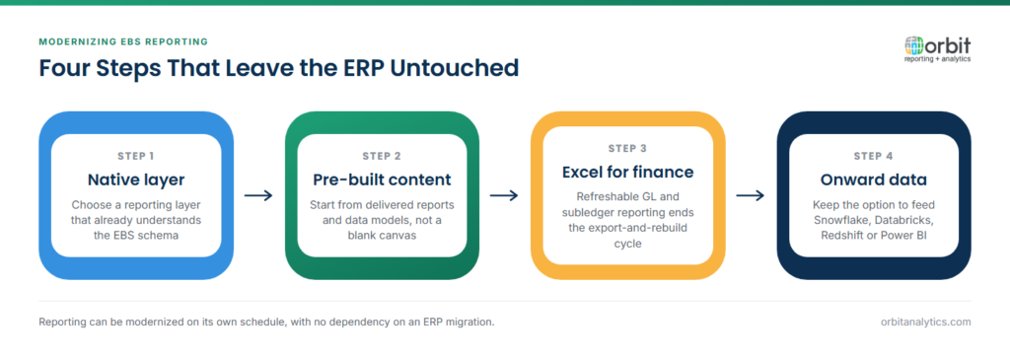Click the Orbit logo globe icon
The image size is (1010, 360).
tap(914, 45)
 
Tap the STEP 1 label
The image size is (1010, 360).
tap(136, 156)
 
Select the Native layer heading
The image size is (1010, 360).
tap(136, 180)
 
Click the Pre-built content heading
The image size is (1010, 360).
tap(382, 180)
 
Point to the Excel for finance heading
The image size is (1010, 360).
tap(627, 172)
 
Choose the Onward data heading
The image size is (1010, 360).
tap(874, 180)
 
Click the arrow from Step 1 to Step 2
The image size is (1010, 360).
tap(258, 195)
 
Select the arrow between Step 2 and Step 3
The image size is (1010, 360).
tap(504, 195)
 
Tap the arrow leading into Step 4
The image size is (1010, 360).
tap(751, 195)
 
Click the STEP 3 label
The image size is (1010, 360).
tap(627, 148)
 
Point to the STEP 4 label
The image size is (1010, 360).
tap(874, 156)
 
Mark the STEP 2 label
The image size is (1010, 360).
tap(382, 156)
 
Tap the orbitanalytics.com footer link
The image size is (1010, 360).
tap(925, 322)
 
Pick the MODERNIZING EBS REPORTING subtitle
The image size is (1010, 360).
tap(123, 41)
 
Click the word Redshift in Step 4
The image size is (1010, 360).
tap(843, 235)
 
